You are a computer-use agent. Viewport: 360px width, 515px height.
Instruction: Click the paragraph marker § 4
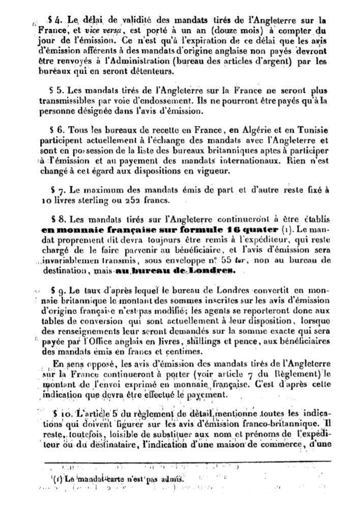tap(54, 20)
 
